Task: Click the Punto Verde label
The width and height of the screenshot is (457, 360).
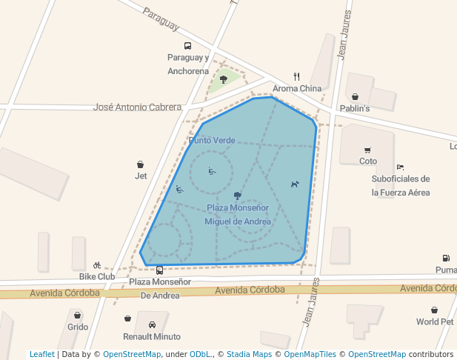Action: (212, 140)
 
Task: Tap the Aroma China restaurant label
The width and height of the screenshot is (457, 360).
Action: (297, 89)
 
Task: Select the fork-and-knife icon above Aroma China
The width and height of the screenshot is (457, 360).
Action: (297, 76)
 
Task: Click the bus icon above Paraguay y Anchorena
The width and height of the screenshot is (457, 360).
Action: (187, 46)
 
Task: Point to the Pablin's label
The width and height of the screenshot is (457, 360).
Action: (354, 108)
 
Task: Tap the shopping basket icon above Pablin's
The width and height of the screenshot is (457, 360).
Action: (355, 96)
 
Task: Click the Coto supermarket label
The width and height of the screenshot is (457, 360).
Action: (368, 161)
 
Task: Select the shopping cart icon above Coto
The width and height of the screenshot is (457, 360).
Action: (367, 150)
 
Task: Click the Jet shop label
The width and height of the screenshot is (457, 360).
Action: (141, 176)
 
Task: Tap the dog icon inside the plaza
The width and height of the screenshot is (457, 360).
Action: (295, 184)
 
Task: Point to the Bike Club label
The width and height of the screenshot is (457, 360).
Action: (97, 276)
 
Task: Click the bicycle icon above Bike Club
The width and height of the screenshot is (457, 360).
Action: (97, 265)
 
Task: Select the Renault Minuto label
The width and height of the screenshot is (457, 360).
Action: (152, 336)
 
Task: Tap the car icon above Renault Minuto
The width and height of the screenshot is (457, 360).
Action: (152, 324)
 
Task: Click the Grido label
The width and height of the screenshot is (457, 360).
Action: (78, 327)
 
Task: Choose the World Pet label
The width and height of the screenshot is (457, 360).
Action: (435, 321)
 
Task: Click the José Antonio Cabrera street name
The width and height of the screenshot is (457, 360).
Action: (137, 107)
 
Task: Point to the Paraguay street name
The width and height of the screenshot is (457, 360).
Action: (161, 20)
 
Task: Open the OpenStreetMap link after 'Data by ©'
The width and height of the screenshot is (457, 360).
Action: (132, 354)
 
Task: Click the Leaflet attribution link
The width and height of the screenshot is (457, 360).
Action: (42, 354)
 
